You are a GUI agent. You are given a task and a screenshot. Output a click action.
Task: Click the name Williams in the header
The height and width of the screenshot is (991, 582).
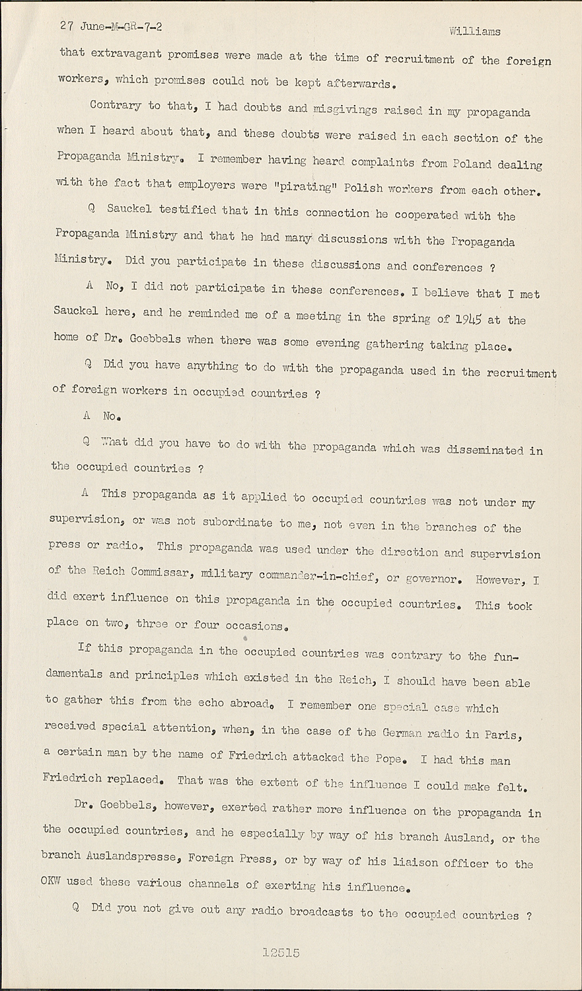coord(474,31)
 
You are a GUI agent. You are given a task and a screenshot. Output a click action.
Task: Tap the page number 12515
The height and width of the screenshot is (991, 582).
coord(281,953)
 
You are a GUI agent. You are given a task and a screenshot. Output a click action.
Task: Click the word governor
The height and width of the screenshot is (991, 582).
coord(431,579)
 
